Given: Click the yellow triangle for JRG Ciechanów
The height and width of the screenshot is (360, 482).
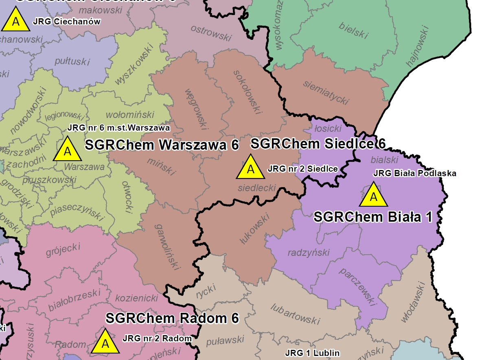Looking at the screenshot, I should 16,21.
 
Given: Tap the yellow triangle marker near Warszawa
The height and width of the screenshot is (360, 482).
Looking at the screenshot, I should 68,150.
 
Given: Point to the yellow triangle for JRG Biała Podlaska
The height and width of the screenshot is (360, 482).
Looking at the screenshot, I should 373,196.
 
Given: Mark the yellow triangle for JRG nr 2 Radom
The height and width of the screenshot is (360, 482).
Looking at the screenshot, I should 105,343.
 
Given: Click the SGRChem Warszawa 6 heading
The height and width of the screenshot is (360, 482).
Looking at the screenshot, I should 162,145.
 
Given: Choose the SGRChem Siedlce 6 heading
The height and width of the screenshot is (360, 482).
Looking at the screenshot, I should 318,144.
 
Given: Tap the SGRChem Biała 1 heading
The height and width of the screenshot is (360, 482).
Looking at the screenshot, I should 372,217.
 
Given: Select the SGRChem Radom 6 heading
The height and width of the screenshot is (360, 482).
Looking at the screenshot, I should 172,318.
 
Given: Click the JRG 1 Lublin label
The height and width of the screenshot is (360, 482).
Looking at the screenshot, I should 312,353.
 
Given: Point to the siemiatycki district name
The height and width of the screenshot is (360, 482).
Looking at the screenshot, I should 326,92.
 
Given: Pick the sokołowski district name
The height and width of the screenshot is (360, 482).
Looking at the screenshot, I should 247,92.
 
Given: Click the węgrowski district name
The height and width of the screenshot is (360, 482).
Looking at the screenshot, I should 197,108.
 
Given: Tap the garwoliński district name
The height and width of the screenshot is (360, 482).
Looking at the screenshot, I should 167,247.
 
